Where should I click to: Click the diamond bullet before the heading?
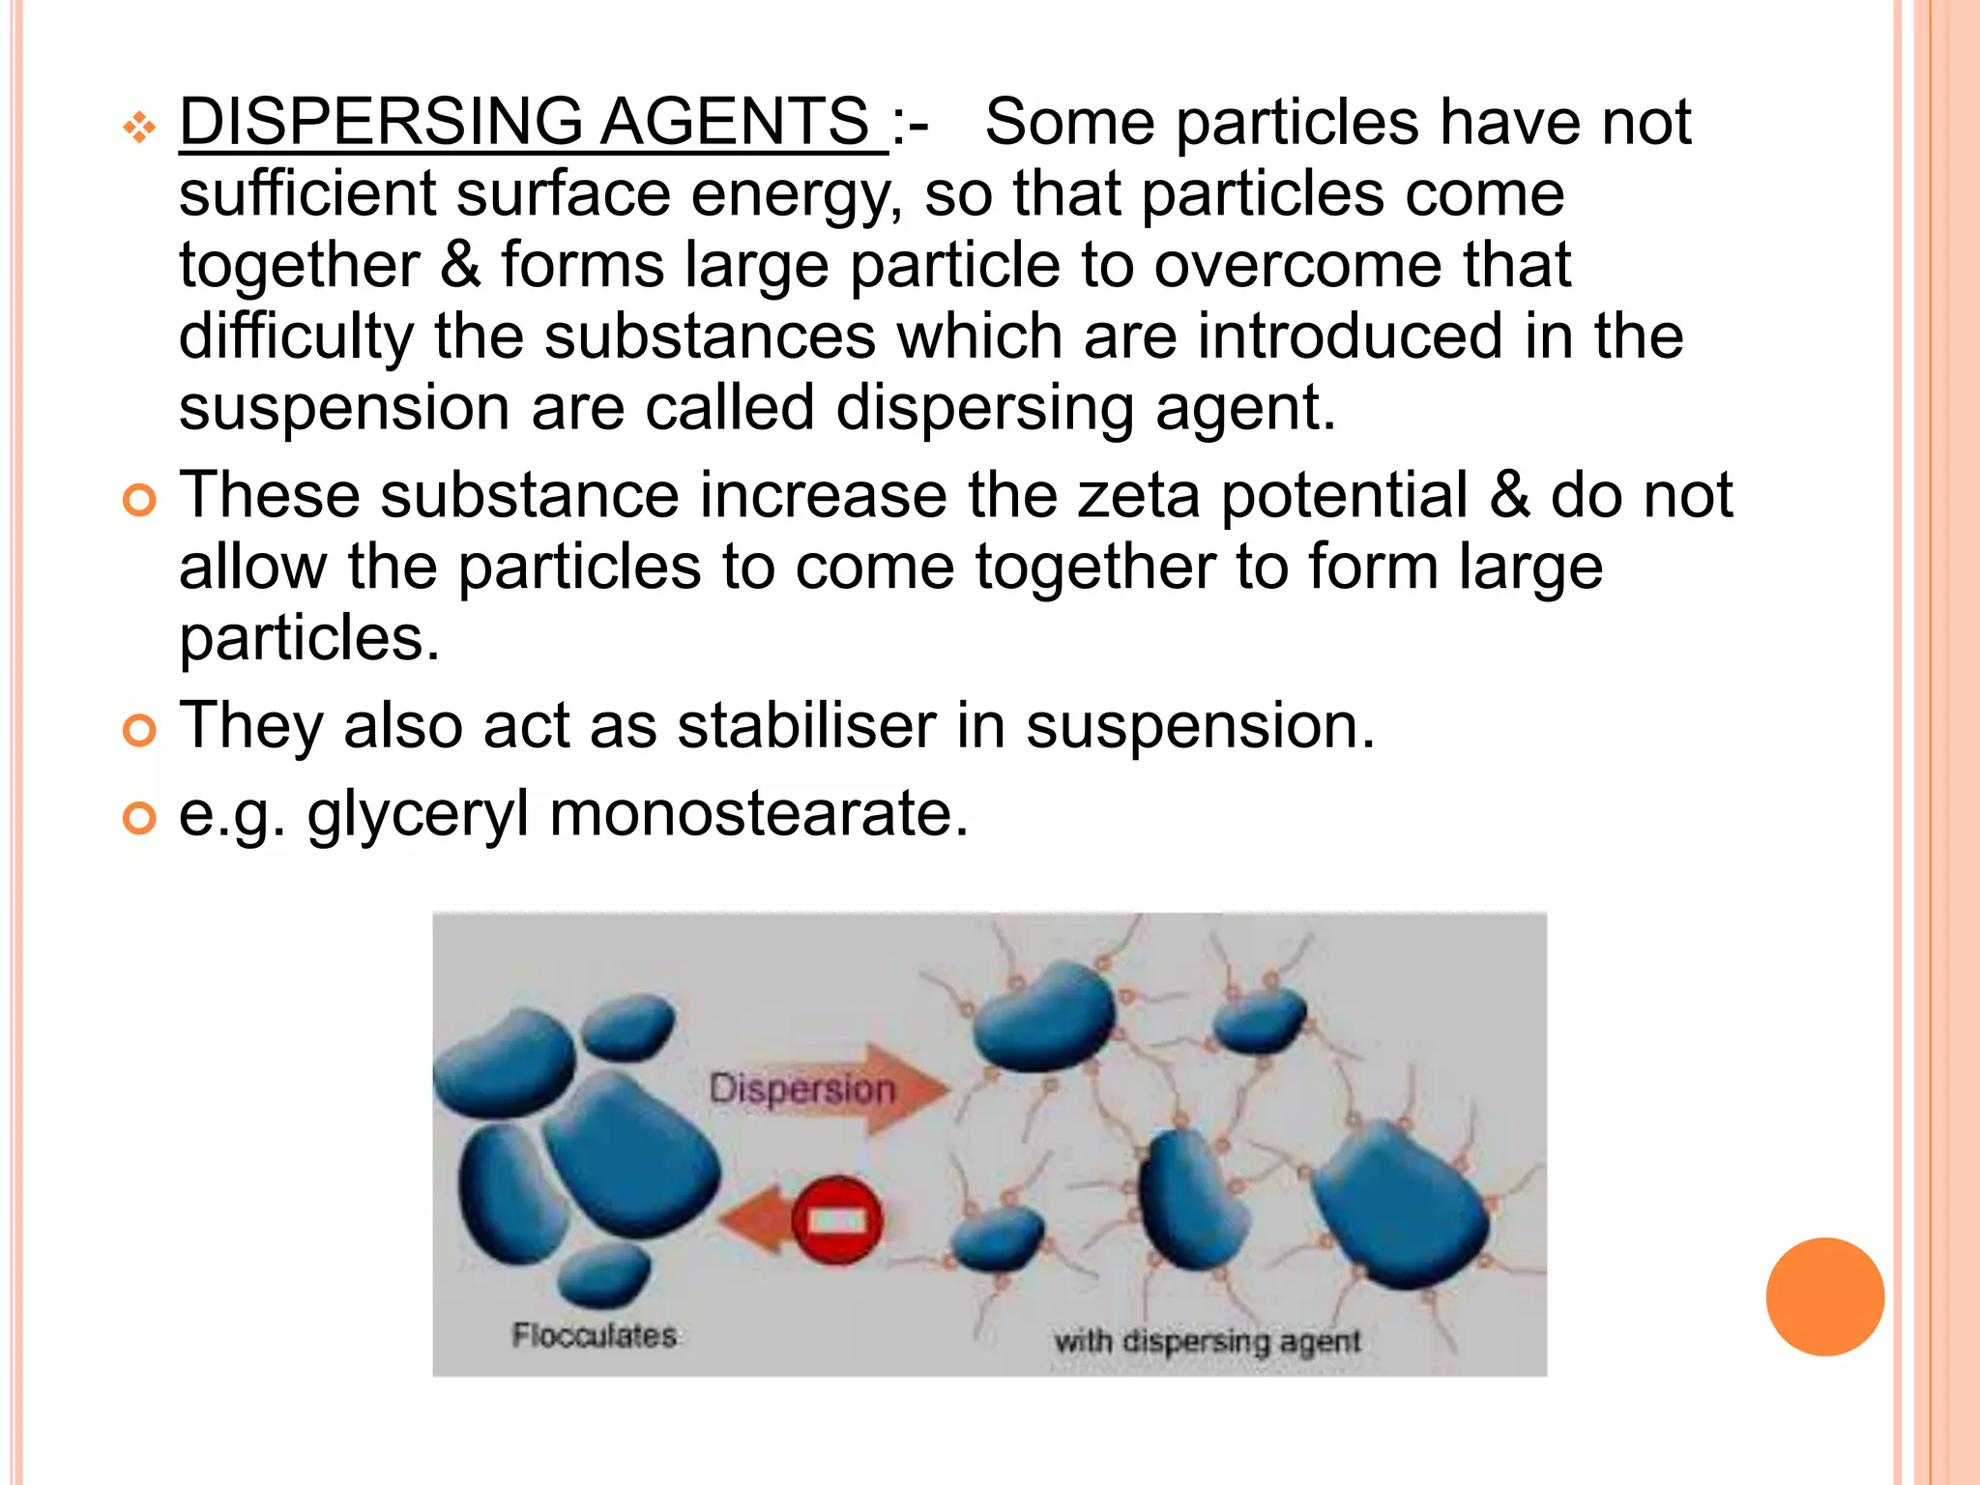(x=140, y=127)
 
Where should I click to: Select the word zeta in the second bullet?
(x=1139, y=495)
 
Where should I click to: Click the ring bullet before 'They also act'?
(x=140, y=731)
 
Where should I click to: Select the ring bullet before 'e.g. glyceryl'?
(x=140, y=818)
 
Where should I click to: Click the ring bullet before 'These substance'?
(x=140, y=501)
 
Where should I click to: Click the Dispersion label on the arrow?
(x=802, y=1090)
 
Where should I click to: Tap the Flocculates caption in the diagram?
(x=594, y=1335)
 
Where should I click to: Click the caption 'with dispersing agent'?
(x=1207, y=1341)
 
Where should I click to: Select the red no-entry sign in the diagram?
(x=836, y=1220)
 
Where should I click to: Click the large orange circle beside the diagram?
(x=1824, y=1296)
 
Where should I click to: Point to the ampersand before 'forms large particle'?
(x=460, y=265)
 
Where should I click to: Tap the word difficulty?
(x=296, y=338)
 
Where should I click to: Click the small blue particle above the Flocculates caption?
(x=604, y=1273)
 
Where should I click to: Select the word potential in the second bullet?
(x=1344, y=495)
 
